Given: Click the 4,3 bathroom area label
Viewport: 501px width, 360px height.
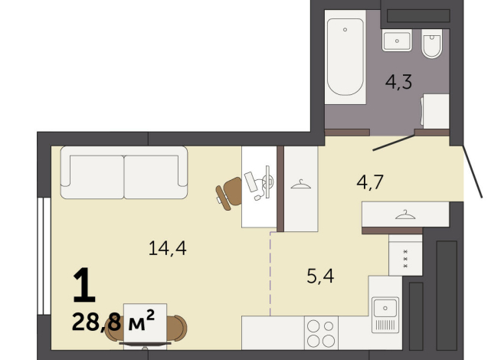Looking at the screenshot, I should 398,82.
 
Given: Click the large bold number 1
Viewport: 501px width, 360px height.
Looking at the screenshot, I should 83,286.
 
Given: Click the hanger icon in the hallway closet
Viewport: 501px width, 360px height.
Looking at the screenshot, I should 404,215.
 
